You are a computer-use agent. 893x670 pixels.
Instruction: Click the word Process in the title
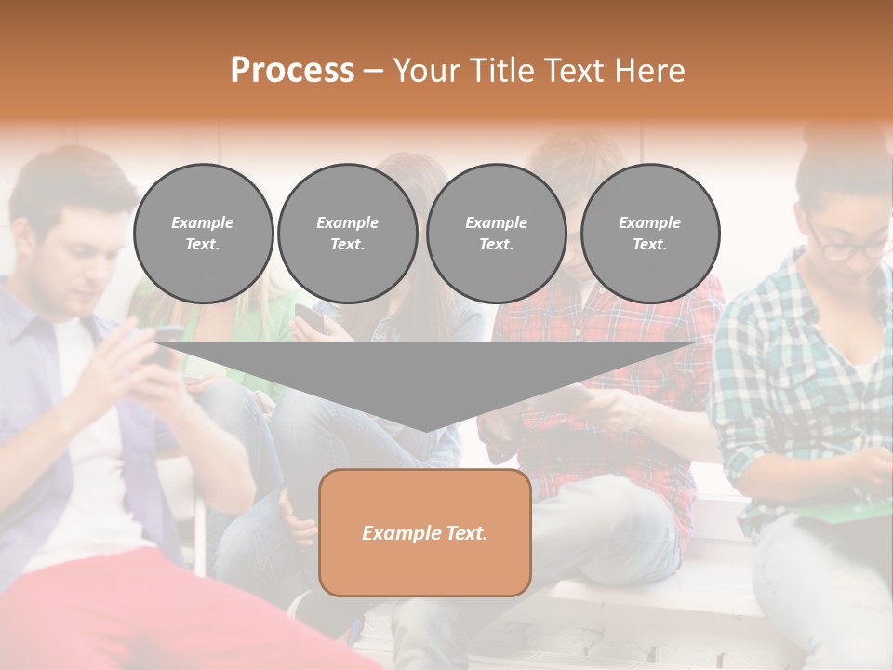(x=292, y=71)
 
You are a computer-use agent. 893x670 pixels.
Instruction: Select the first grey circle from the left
(x=203, y=234)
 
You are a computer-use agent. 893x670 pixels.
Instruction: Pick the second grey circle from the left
(x=347, y=234)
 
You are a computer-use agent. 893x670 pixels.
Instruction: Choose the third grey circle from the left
(x=496, y=234)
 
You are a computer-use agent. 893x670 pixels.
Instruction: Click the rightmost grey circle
(x=649, y=234)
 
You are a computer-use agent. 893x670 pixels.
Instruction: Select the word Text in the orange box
(x=467, y=533)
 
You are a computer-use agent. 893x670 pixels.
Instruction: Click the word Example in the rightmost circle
(x=649, y=222)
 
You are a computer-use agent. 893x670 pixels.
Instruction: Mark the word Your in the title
(x=425, y=71)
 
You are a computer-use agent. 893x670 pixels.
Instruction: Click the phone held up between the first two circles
(x=311, y=318)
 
